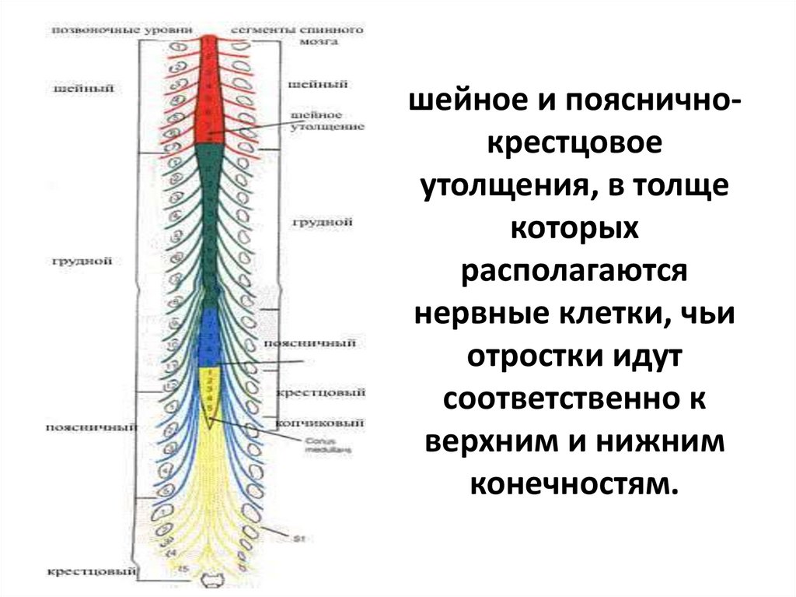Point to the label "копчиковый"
coord(316,423)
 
